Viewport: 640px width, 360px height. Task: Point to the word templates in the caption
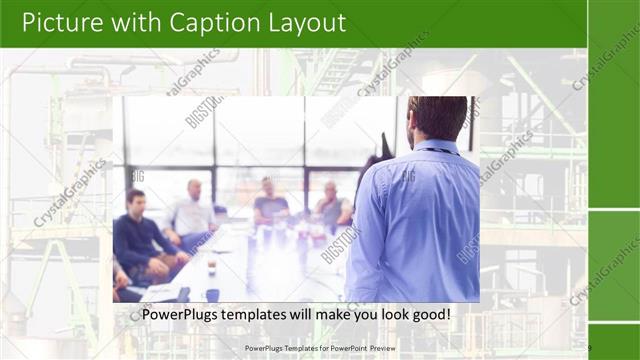(x=265, y=315)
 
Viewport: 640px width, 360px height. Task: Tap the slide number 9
(x=590, y=348)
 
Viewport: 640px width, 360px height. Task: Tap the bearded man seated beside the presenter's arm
(x=332, y=205)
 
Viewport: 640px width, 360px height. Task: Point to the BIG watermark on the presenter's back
(x=408, y=177)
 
